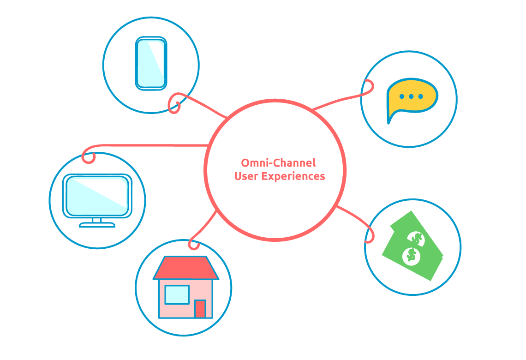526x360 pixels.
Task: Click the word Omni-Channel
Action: point(278,163)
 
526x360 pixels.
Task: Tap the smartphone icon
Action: point(151,63)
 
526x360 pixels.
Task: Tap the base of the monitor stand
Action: point(97,225)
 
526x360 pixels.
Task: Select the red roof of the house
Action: point(185,268)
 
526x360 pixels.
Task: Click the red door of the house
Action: point(200,309)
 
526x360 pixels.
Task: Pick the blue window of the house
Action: point(177,294)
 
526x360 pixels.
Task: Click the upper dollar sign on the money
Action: point(416,239)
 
